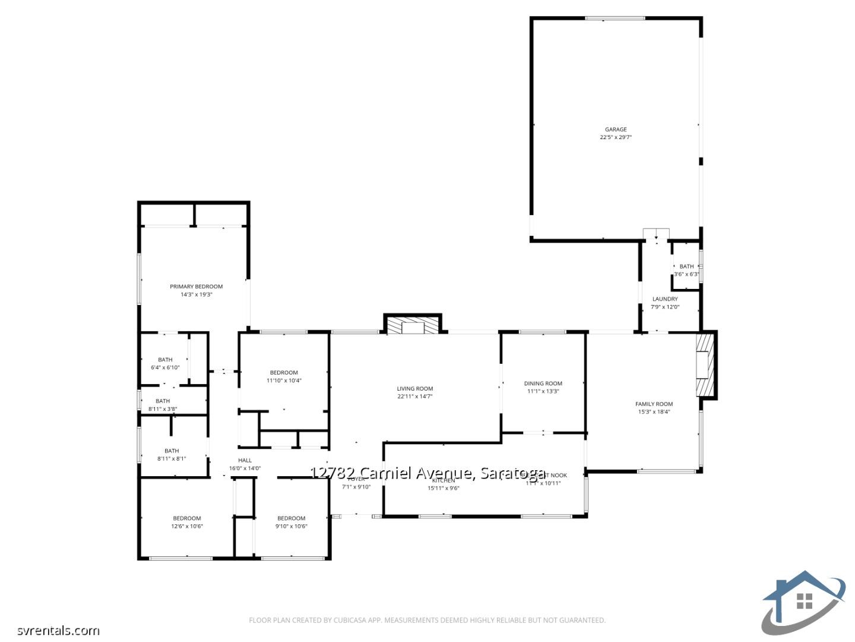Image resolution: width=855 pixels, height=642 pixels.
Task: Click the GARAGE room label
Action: point(616,130)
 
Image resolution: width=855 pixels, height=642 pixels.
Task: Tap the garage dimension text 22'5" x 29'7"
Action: point(616,137)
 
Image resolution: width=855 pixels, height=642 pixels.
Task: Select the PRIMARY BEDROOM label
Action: point(196,287)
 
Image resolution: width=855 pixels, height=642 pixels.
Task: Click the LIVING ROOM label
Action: point(415,389)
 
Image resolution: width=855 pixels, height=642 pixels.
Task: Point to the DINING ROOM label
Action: point(543,383)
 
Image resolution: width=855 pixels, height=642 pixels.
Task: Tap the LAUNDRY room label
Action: point(665,299)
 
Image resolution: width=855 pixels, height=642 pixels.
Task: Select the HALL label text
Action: point(245,460)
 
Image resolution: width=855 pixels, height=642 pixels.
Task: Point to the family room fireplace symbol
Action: point(704,365)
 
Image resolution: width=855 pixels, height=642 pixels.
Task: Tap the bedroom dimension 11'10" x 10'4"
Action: point(284,380)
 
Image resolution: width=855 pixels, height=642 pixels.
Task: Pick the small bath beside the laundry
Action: point(686,270)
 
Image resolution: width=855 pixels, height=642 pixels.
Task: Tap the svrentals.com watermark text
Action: point(58,630)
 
